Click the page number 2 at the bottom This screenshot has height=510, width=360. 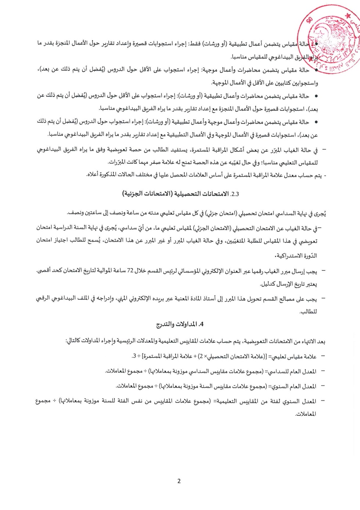179,481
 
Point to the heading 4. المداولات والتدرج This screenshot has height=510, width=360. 180,324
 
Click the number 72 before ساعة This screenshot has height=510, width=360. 130,271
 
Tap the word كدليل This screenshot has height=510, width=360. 268,284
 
